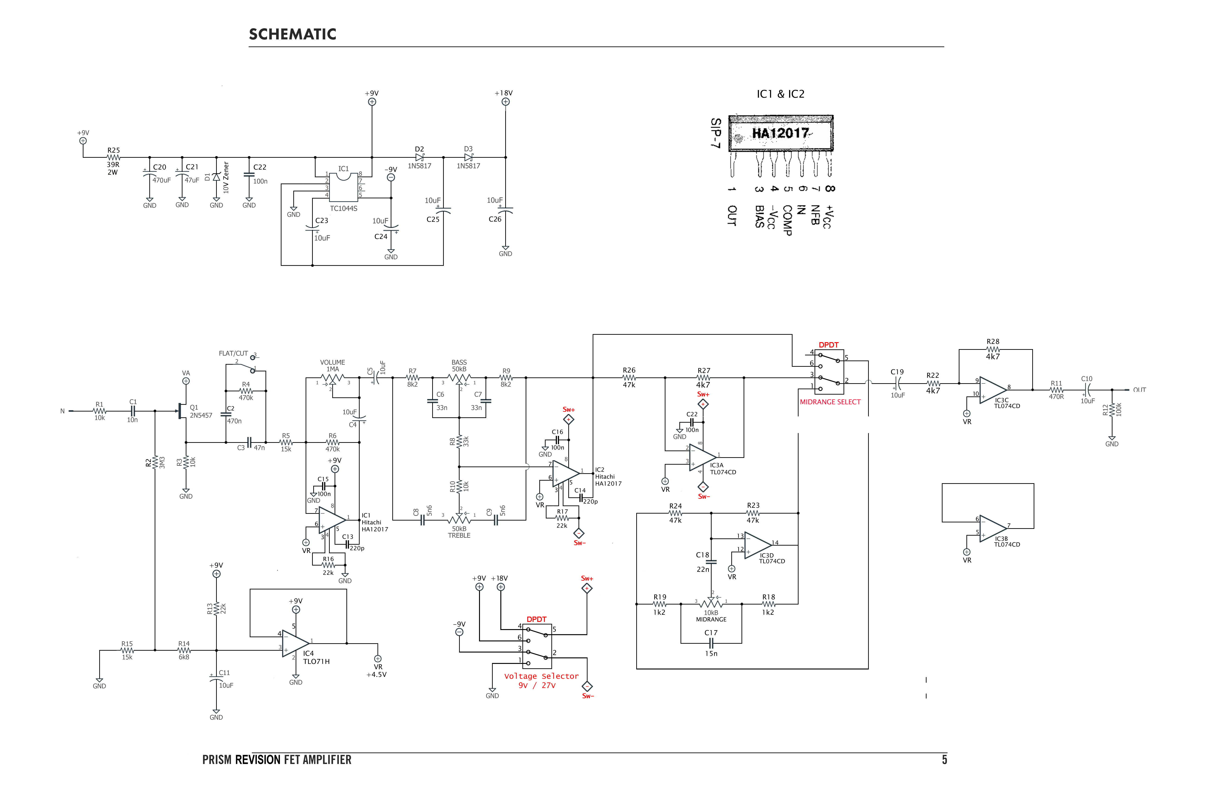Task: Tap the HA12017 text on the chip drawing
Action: (780, 133)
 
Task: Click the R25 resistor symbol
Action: (113, 158)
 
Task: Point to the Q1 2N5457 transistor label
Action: (201, 411)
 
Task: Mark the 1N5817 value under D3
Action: (468, 166)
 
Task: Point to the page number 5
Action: (944, 760)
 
